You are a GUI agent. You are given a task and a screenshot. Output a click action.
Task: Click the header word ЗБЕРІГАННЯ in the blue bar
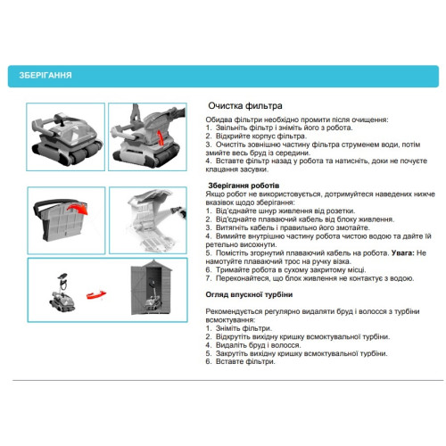pos(45,75)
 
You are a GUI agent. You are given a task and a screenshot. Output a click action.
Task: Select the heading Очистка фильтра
pos(245,106)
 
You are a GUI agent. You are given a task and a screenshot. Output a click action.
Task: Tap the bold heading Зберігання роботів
pos(244,186)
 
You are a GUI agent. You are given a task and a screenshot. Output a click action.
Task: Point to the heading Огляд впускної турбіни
pos(249,294)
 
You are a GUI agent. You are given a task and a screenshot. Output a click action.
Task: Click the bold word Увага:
pos(403,253)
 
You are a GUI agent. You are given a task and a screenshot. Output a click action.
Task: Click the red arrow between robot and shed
pos(96,294)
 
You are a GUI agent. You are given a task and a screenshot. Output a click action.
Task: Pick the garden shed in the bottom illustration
pos(152,287)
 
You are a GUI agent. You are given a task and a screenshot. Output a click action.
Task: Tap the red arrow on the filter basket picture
pos(78,209)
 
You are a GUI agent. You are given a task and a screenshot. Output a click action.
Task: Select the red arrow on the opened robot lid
pos(161,137)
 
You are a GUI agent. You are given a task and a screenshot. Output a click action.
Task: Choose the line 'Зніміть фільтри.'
pos(244,328)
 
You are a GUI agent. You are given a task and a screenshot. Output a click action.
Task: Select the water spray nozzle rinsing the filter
pos(178,211)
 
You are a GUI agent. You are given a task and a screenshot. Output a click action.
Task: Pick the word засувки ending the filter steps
pos(256,169)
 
